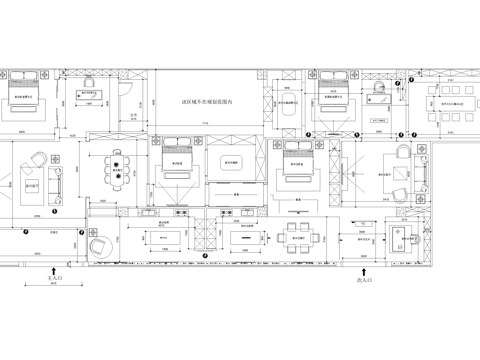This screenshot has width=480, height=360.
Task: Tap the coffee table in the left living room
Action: click(x=33, y=187)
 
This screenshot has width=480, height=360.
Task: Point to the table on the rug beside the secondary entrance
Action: click(x=403, y=235)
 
